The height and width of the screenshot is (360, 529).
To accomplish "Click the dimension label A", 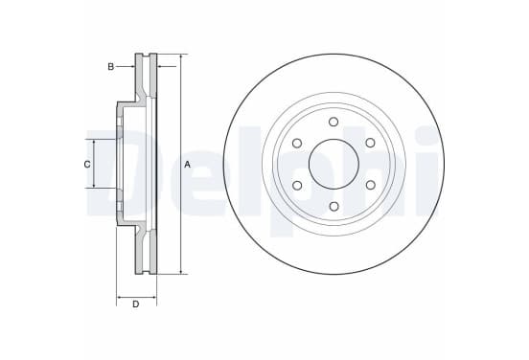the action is pos(187,165).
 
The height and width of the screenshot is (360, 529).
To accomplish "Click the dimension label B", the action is pos(110,67).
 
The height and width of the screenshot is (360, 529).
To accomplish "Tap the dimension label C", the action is pos(87,165).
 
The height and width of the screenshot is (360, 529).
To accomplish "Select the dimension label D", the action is pos(136,304).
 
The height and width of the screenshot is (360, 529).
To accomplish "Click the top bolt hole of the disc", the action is pos(333,122).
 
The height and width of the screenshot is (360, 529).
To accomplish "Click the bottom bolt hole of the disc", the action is pos(333,206).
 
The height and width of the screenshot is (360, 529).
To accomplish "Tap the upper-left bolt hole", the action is pos(297,143).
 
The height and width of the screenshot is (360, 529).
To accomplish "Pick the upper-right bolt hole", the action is pos(371,143).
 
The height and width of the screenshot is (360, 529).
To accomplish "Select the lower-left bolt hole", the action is pos(297,185).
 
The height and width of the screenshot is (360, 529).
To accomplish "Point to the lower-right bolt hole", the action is pos(371,185).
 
